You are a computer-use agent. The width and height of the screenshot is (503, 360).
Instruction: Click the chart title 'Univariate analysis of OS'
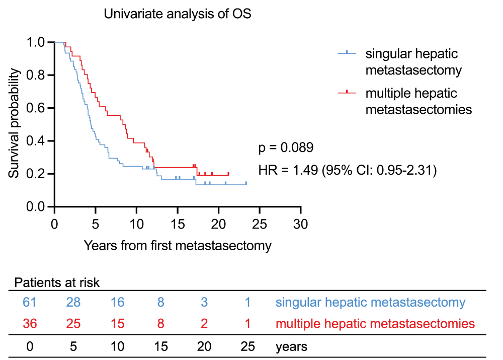click(178, 14)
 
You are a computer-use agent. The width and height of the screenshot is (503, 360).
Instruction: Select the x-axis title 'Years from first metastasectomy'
click(178, 246)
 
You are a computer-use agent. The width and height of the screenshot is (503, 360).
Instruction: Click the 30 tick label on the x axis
click(300, 223)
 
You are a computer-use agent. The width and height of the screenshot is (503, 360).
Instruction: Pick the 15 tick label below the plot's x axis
click(177, 223)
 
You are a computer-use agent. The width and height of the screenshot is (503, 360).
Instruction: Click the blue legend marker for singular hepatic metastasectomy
click(347, 53)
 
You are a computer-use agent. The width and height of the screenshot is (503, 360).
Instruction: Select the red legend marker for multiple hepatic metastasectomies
click(347, 92)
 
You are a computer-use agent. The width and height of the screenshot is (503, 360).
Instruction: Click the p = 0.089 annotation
click(286, 148)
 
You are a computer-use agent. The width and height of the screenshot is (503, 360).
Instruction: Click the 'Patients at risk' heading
click(57, 282)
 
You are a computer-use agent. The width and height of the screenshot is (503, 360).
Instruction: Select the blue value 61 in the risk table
click(29, 303)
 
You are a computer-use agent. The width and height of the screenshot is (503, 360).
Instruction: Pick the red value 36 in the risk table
click(29, 323)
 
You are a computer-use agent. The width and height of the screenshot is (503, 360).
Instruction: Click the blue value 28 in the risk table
click(73, 303)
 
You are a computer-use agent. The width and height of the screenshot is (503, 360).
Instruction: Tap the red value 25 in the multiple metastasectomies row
click(73, 323)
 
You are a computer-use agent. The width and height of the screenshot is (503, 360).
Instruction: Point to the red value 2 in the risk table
click(204, 323)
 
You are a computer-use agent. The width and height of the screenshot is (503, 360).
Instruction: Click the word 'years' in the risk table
click(291, 346)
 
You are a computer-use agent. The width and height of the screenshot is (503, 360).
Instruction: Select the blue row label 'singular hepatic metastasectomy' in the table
click(370, 303)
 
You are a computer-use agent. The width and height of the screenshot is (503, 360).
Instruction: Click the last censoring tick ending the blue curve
click(246, 183)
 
